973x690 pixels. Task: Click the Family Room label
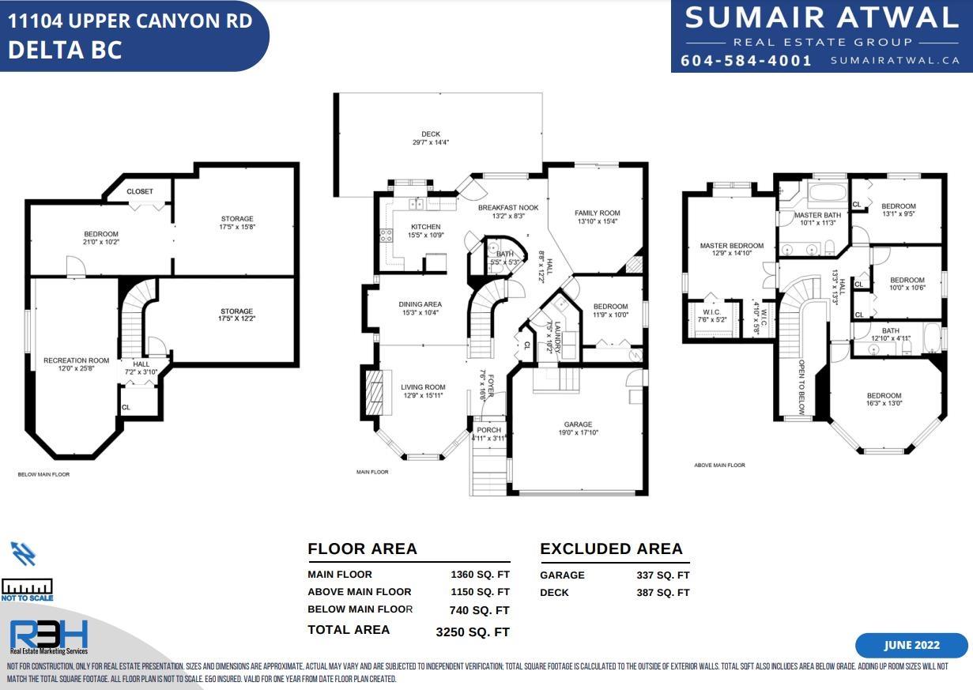tap(598, 213)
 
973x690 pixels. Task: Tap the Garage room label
tap(578, 424)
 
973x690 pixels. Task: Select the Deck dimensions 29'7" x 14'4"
tap(431, 142)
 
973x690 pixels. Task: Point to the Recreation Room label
tap(77, 360)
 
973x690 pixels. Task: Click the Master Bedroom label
tap(732, 246)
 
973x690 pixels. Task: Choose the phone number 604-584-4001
tap(746, 60)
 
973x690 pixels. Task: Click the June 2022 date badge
tap(912, 645)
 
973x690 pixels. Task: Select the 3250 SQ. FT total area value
tap(473, 632)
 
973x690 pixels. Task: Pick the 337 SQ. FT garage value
tap(663, 575)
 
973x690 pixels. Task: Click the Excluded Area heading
tap(611, 549)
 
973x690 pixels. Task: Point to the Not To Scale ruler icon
tap(27, 587)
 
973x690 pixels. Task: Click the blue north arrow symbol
tap(23, 553)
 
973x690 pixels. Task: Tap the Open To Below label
tap(801, 387)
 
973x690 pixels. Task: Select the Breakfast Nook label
tap(508, 208)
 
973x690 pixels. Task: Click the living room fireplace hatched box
tap(374, 393)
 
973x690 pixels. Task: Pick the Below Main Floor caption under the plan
tap(43, 474)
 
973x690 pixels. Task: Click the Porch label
tap(488, 430)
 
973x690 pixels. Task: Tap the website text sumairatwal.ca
tap(895, 61)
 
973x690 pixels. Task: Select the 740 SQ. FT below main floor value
tap(479, 610)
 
